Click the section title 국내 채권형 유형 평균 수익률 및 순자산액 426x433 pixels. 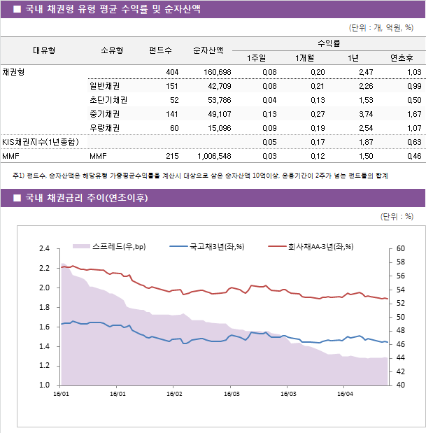click(x=112, y=9)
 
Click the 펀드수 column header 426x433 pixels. click(x=160, y=50)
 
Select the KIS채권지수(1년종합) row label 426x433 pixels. click(x=40, y=142)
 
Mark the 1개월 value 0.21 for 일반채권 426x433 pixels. click(x=317, y=86)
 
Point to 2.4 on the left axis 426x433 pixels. click(x=44, y=248)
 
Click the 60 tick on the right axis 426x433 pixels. click(x=400, y=248)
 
